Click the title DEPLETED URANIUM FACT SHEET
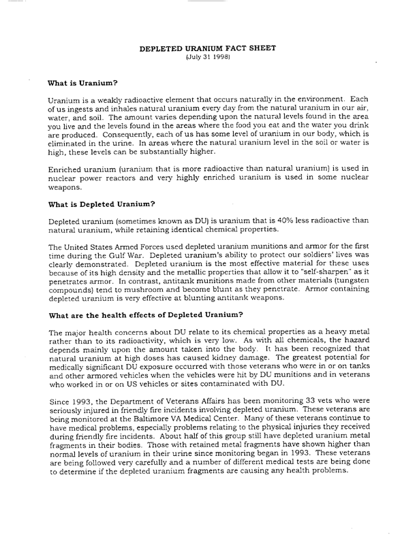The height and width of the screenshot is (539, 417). [x=208, y=50]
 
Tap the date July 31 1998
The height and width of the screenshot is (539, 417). [x=208, y=59]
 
